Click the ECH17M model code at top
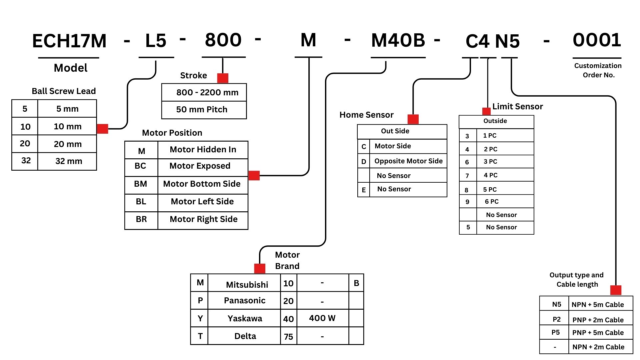[x=69, y=41]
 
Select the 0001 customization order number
[x=597, y=40]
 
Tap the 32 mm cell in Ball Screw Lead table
[x=69, y=161]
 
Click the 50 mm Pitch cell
[x=202, y=110]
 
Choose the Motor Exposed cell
[x=200, y=166]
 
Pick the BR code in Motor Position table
[x=141, y=219]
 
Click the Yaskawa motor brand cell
[x=245, y=318]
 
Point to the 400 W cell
[x=322, y=318]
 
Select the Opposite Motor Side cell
[x=408, y=161]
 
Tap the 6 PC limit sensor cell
[x=492, y=202]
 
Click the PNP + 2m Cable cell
[x=598, y=320]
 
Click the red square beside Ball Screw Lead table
[x=102, y=129]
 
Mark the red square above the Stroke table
[x=223, y=78]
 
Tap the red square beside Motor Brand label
[x=260, y=268]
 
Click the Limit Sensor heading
[x=517, y=107]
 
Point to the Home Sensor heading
[x=366, y=115]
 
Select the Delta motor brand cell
[x=245, y=336]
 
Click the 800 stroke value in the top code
[x=223, y=40]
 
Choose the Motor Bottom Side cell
[x=202, y=184]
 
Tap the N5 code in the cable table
[x=556, y=304]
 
